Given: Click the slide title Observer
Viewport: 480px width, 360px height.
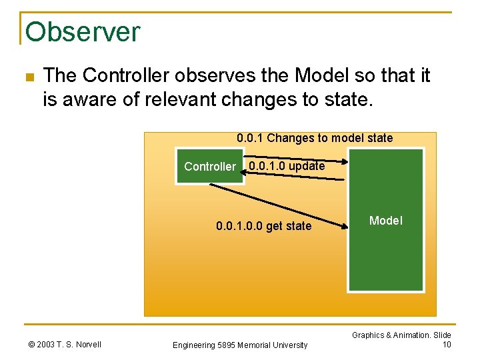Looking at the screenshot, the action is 83,31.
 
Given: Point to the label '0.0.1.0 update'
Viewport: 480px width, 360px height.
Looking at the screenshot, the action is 287,166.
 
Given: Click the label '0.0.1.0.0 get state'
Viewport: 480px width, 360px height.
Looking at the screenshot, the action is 263,226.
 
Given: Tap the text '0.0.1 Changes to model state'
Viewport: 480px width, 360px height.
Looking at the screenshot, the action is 315,138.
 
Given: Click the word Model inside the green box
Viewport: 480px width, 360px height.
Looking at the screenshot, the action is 386,221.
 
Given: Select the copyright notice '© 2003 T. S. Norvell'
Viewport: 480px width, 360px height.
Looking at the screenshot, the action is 65,344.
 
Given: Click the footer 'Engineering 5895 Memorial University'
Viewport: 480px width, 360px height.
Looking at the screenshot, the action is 240,345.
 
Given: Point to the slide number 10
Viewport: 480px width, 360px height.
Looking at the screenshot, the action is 447,344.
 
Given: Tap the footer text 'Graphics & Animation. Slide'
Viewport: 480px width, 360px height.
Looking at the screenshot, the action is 401,335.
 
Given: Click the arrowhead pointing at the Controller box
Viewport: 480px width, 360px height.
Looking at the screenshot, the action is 243,172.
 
